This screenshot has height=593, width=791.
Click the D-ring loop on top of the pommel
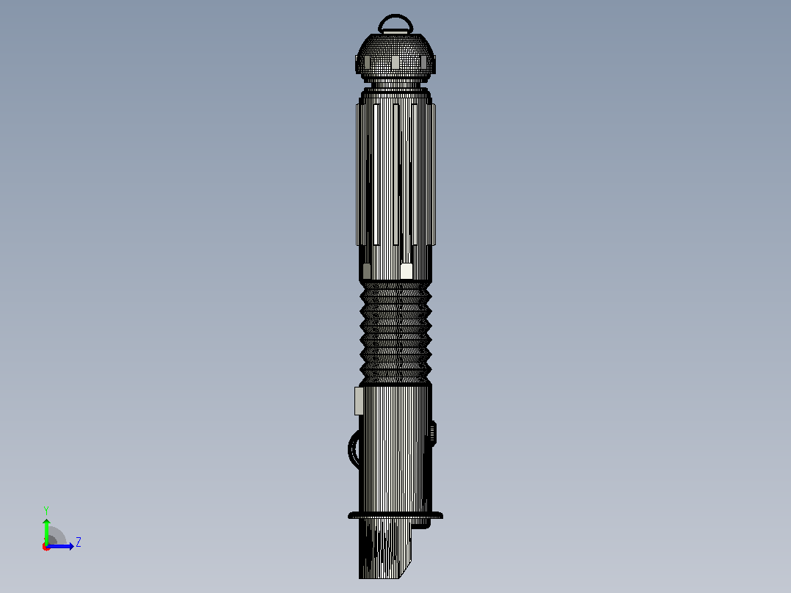point(395,16)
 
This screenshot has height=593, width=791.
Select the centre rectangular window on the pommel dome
point(395,62)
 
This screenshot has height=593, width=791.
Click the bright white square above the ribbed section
point(407,271)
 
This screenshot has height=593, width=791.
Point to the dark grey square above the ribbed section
point(367,271)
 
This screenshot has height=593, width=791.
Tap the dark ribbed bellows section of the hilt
point(395,333)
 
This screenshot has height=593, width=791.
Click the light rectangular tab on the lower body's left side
point(359,401)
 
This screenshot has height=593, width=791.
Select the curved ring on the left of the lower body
point(351,449)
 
